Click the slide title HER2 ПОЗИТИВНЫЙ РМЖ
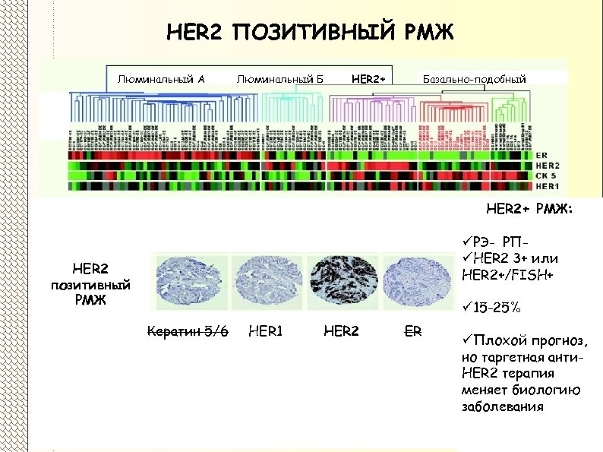pos(308,33)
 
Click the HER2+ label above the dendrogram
pos(369,77)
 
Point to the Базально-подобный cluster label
pos(473,77)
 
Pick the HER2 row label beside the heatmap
pos(548,166)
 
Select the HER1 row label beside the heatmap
pos(548,185)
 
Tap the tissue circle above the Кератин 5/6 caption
pos(186,280)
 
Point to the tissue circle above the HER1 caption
pos(266,280)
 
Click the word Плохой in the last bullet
pos(496,339)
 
